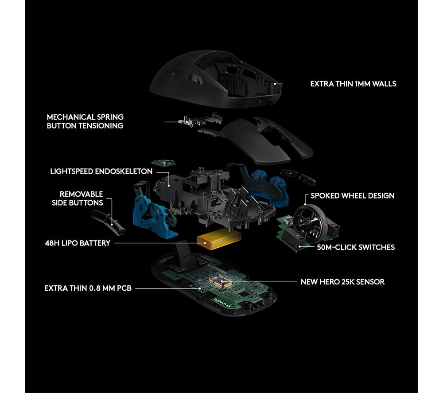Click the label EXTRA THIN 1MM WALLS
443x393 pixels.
pos(353,84)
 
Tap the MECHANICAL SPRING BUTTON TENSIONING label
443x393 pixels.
pos(85,121)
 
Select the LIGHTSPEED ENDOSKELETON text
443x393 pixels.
pos(101,171)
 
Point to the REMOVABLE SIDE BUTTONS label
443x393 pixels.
pos(77,198)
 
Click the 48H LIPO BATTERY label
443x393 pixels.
pos(78,243)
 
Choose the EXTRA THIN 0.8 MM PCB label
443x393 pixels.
pos(88,288)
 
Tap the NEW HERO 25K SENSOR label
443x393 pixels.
pos(342,282)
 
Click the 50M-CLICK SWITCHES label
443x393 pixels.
pos(356,248)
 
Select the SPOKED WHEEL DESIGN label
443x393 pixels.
pos(352,196)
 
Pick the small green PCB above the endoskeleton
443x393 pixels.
pos(163,163)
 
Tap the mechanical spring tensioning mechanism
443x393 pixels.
pos(199,120)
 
